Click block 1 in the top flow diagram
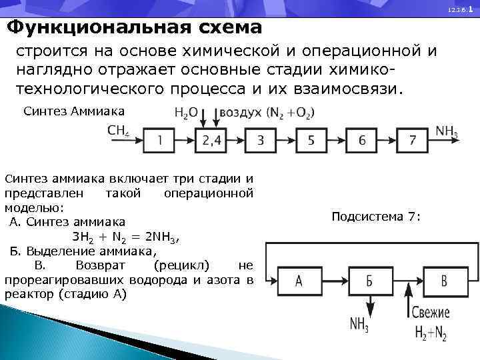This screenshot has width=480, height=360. (x=161, y=140)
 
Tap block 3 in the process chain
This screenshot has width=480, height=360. (x=261, y=140)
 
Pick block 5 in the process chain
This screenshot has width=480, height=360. (x=311, y=140)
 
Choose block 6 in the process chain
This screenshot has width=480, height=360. (x=362, y=140)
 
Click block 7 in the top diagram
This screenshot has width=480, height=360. (x=413, y=140)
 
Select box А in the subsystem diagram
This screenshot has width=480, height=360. (x=299, y=281)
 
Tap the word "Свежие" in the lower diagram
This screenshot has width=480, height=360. (x=430, y=312)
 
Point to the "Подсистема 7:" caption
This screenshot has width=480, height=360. (x=376, y=217)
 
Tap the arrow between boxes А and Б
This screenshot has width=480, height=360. (x=335, y=281)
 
